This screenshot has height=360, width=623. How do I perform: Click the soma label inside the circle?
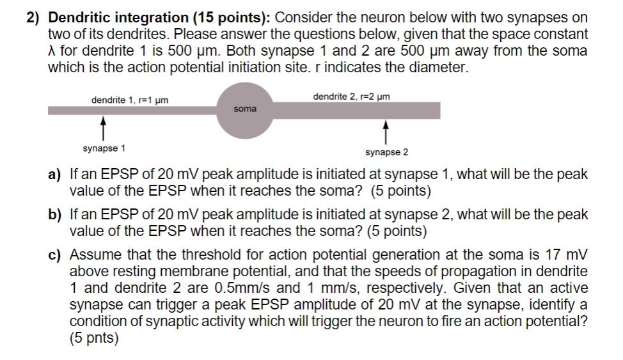tap(245, 109)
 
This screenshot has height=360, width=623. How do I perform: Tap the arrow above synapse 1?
tap(103, 128)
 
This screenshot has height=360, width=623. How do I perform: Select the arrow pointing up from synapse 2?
tap(386, 132)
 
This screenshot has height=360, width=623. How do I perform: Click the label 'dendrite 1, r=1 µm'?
tap(130, 100)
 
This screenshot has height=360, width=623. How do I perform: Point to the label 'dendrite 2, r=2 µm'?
tap(352, 97)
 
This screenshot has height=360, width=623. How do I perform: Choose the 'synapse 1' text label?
tap(104, 148)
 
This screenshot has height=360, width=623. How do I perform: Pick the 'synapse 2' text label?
tap(386, 153)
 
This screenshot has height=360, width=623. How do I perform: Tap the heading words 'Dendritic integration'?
tap(118, 18)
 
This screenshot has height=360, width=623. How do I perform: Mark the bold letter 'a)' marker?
tap(54, 175)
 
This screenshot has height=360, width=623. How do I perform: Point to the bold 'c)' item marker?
tap(54, 254)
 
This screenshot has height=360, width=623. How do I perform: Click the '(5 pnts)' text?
tap(94, 338)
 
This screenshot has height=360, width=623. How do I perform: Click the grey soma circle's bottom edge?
tap(245, 139)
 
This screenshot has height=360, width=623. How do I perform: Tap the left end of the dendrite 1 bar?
tap(49, 111)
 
